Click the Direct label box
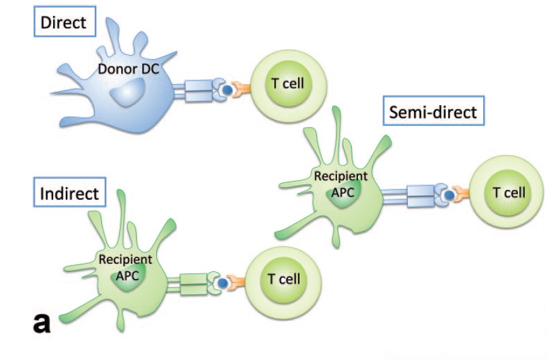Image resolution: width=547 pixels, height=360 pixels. click(x=63, y=23)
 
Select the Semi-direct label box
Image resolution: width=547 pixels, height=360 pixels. click(x=434, y=113)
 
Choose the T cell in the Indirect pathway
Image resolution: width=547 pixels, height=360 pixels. click(x=283, y=278)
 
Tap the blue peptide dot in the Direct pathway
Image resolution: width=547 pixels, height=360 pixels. click(x=226, y=90)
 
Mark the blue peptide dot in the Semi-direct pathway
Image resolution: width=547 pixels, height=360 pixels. click(x=449, y=197)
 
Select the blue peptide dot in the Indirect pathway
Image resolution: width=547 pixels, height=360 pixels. click(x=223, y=283)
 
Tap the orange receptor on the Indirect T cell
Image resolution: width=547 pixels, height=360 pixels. click(x=237, y=282)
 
